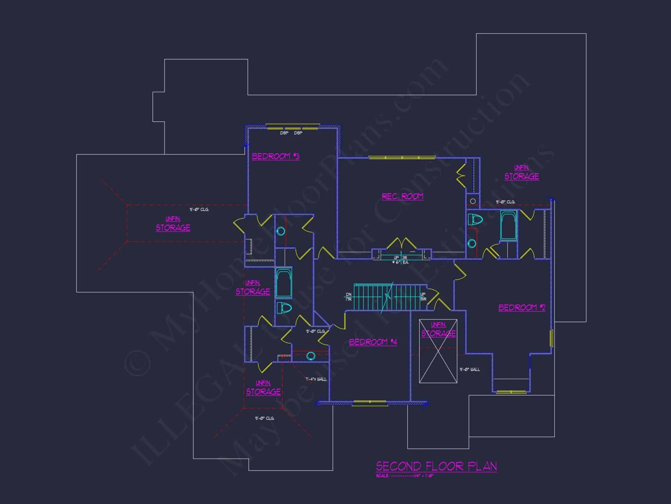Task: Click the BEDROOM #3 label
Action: click(275, 156)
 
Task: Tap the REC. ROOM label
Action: click(402, 196)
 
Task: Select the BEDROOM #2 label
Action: click(522, 307)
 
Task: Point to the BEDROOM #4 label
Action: click(373, 342)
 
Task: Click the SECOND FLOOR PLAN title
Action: click(436, 466)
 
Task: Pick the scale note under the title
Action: click(405, 476)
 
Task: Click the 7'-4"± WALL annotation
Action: click(316, 379)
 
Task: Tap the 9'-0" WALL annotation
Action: click(469, 369)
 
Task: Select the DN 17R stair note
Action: click(349, 297)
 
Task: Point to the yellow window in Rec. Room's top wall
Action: click(402, 157)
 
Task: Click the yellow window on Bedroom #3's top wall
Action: click(292, 127)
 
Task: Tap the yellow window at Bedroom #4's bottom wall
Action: click(370, 403)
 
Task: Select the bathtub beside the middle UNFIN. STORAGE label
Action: click(284, 283)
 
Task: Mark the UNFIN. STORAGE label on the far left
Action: click(173, 224)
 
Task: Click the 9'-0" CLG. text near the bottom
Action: click(264, 418)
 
